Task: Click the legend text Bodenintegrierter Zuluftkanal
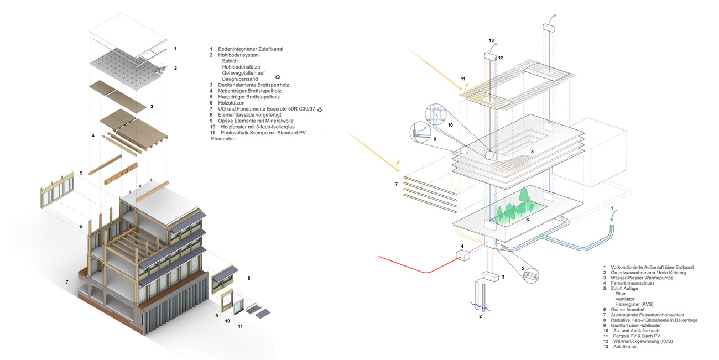pos(251,49)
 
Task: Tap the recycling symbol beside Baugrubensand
pos(278,77)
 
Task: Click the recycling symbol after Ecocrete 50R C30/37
pos(320,109)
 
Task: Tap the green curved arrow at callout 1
pos(613,224)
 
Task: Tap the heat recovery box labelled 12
pos(491,56)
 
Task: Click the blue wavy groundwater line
pos(481,305)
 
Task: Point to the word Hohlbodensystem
pos(238,55)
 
